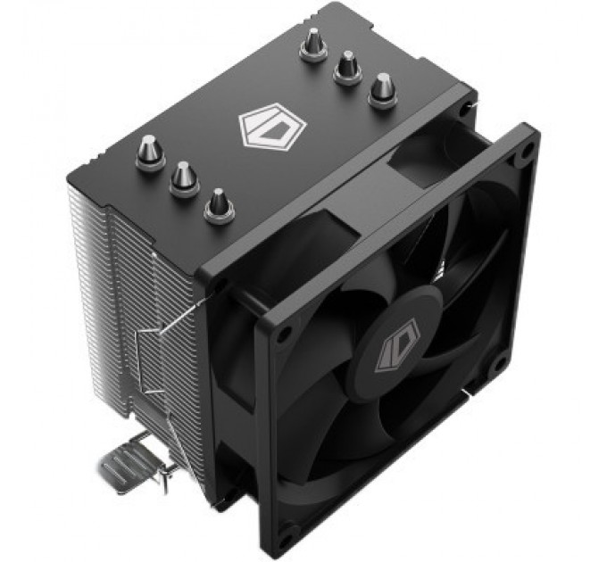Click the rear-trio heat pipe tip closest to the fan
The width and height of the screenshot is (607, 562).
point(382,89)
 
